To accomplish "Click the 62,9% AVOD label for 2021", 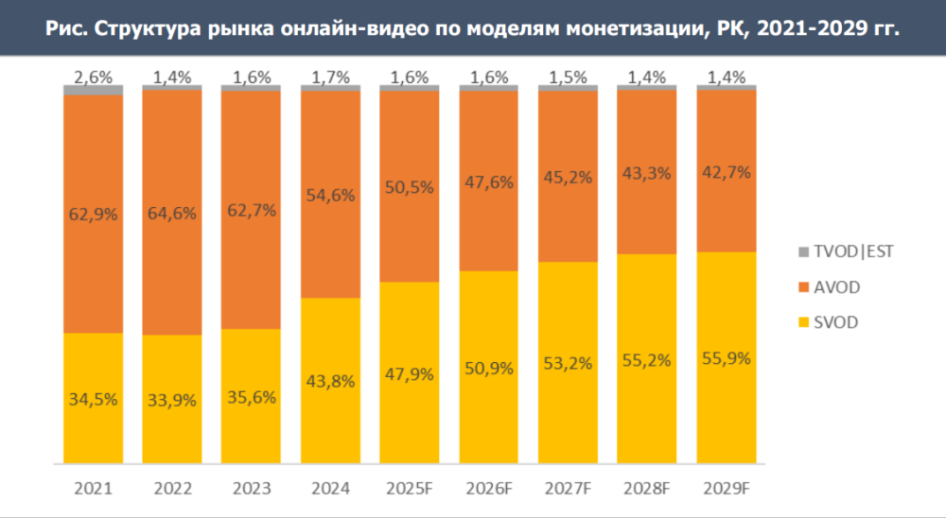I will pos(93,214).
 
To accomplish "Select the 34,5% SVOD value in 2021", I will pos(93,399).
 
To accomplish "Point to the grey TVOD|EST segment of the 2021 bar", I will pos(93,90).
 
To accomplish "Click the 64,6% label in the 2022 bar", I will pos(172,214).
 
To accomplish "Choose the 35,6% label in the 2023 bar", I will pos(251,397).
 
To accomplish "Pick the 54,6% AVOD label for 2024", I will pos(330,196).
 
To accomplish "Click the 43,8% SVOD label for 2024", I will pos(330,382).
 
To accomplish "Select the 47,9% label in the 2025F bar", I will pos(410,373).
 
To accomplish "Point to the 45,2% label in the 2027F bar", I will pos(568,175).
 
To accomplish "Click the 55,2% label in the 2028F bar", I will pos(647,360).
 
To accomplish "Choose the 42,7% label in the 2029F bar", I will pos(726,172).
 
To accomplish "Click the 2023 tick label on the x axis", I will pos(251,489).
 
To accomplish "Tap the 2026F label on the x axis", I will pos(488,489).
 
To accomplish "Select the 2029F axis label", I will pos(726,489).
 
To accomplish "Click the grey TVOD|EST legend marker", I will pos(803,251).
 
